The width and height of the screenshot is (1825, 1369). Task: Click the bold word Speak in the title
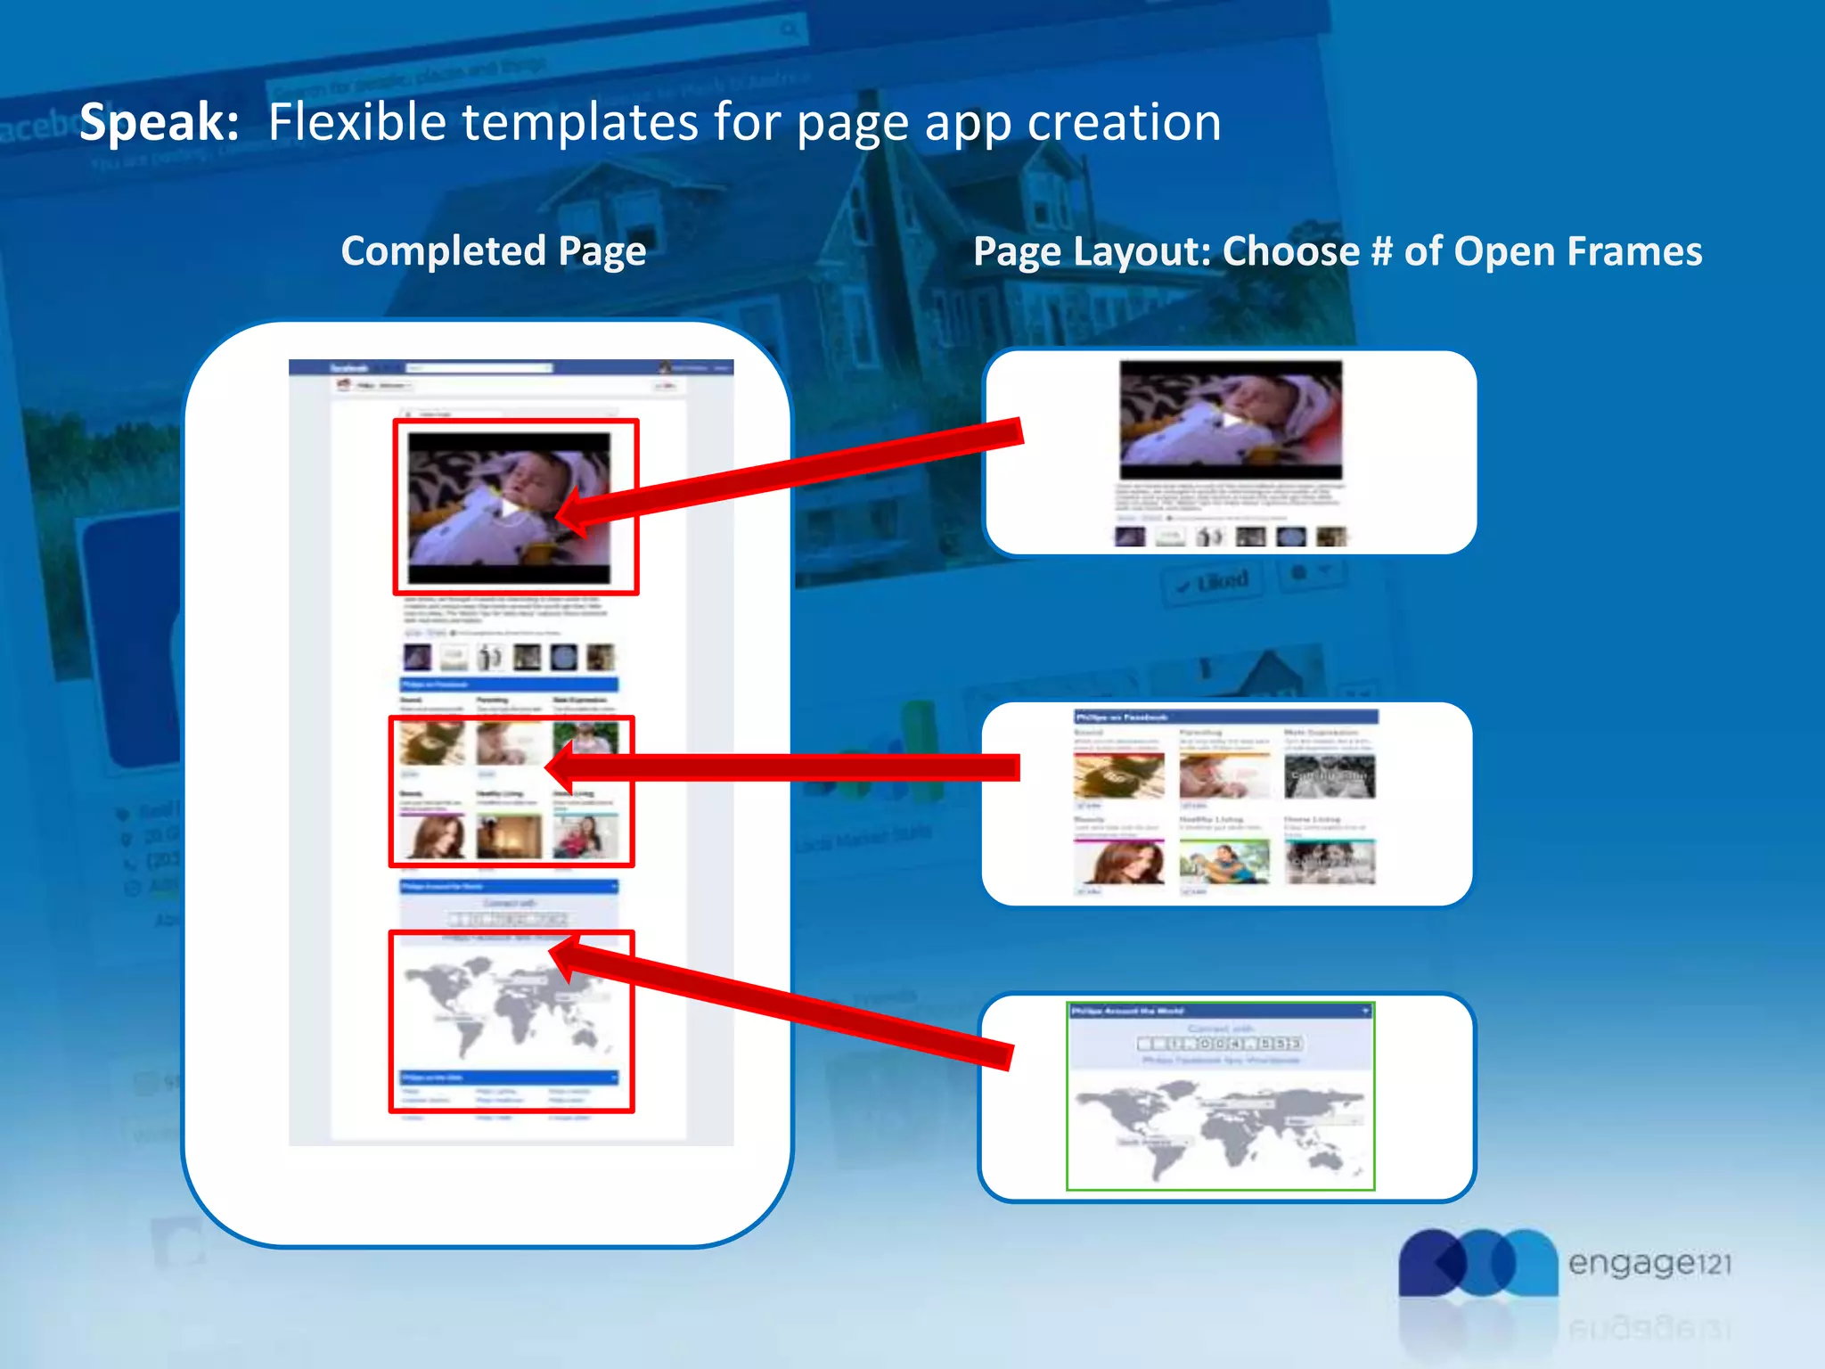(159, 122)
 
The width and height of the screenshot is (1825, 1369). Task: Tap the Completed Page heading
(493, 251)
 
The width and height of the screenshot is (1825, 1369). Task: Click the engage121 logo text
(1649, 1264)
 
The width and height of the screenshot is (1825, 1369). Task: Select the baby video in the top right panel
(1231, 420)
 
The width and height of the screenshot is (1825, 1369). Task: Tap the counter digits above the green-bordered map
(1220, 1043)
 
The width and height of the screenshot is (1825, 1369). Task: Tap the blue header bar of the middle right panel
(1226, 717)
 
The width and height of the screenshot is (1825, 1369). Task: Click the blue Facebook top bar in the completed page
(511, 367)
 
